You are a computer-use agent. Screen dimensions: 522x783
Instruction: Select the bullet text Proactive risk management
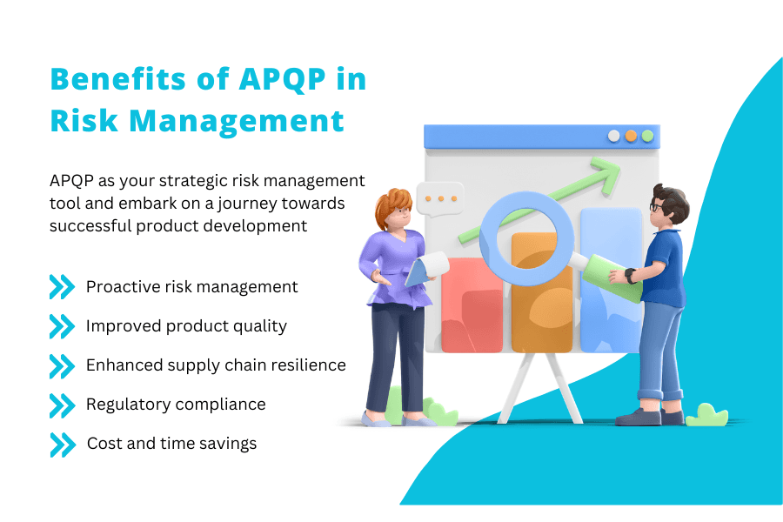click(191, 286)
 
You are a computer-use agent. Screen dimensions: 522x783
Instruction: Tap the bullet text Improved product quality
click(186, 325)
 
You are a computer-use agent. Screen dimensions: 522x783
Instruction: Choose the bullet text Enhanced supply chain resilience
click(216, 365)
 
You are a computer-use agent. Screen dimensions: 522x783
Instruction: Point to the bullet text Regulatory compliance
click(176, 405)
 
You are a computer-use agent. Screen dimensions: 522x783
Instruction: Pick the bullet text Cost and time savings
click(171, 444)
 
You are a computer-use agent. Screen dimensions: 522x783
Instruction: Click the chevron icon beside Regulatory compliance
click(62, 405)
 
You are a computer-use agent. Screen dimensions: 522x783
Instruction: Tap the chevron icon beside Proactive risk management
click(62, 287)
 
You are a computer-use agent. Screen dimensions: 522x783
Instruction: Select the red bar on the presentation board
click(472, 304)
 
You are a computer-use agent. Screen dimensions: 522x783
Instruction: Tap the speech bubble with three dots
click(440, 198)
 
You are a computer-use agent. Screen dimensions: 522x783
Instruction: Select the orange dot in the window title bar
click(632, 136)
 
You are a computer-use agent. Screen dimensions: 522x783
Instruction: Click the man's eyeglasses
click(653, 207)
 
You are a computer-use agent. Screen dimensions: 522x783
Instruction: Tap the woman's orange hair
click(390, 207)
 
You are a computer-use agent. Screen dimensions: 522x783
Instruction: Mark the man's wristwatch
click(630, 276)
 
